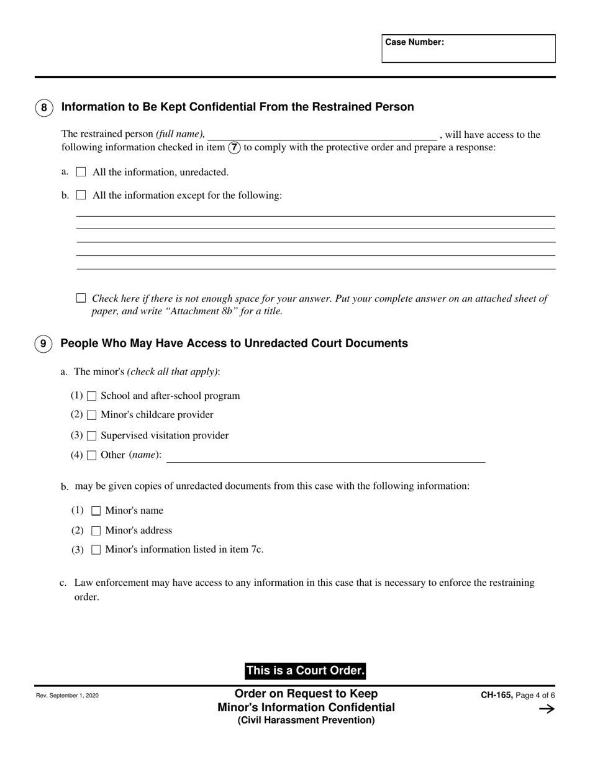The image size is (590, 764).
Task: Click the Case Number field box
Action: coord(468,48)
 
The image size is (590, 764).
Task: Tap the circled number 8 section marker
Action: coord(43,107)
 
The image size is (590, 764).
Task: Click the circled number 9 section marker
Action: coord(43,343)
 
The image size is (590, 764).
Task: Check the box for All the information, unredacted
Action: coord(81,172)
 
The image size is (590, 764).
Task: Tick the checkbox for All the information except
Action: coord(81,195)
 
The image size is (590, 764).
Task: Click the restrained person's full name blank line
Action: coord(322,135)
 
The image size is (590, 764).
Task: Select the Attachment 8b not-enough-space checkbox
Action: coord(81,298)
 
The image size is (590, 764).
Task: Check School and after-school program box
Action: coord(92,396)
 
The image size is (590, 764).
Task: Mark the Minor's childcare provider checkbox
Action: coord(92,415)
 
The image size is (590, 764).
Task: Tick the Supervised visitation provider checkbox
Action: coord(92,436)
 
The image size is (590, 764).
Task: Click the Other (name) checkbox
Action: coord(92,455)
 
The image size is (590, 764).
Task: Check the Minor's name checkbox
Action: coord(96,511)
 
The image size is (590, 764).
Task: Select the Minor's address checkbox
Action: coord(96,531)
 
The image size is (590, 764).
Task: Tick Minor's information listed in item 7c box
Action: coord(96,550)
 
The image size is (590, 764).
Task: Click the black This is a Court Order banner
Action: coord(305,671)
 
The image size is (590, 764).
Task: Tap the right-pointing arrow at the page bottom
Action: coord(547,709)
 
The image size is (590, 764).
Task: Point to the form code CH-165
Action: coord(496,696)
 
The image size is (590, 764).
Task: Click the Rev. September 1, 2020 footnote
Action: coord(67,696)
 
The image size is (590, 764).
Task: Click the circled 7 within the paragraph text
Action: coord(234,148)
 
